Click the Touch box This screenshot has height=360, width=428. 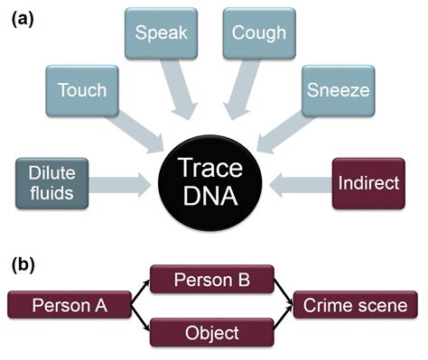[x=82, y=90]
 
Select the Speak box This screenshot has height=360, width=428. [x=159, y=34]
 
